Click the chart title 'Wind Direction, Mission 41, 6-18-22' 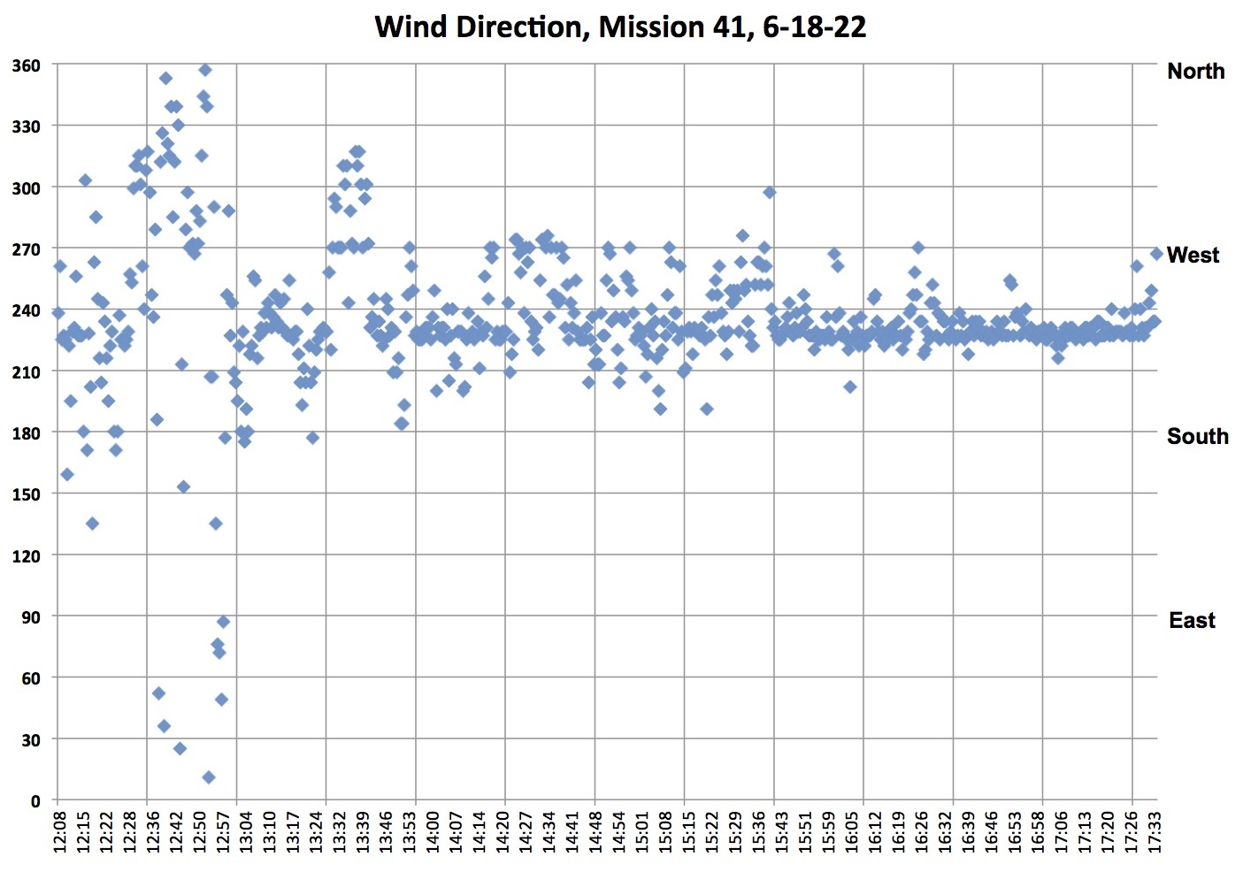[x=620, y=27]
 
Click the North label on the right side [x=1195, y=71]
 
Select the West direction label [x=1193, y=255]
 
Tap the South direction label [x=1197, y=436]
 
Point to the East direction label [x=1192, y=620]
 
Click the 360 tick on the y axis [x=26, y=65]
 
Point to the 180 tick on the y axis [x=26, y=433]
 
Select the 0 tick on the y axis [x=35, y=801]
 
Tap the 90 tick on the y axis [x=30, y=617]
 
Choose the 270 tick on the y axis [x=26, y=249]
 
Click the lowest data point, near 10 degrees [x=209, y=777]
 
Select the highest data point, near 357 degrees [x=205, y=70]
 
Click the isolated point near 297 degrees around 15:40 [x=770, y=192]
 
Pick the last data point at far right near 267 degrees [x=1156, y=254]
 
